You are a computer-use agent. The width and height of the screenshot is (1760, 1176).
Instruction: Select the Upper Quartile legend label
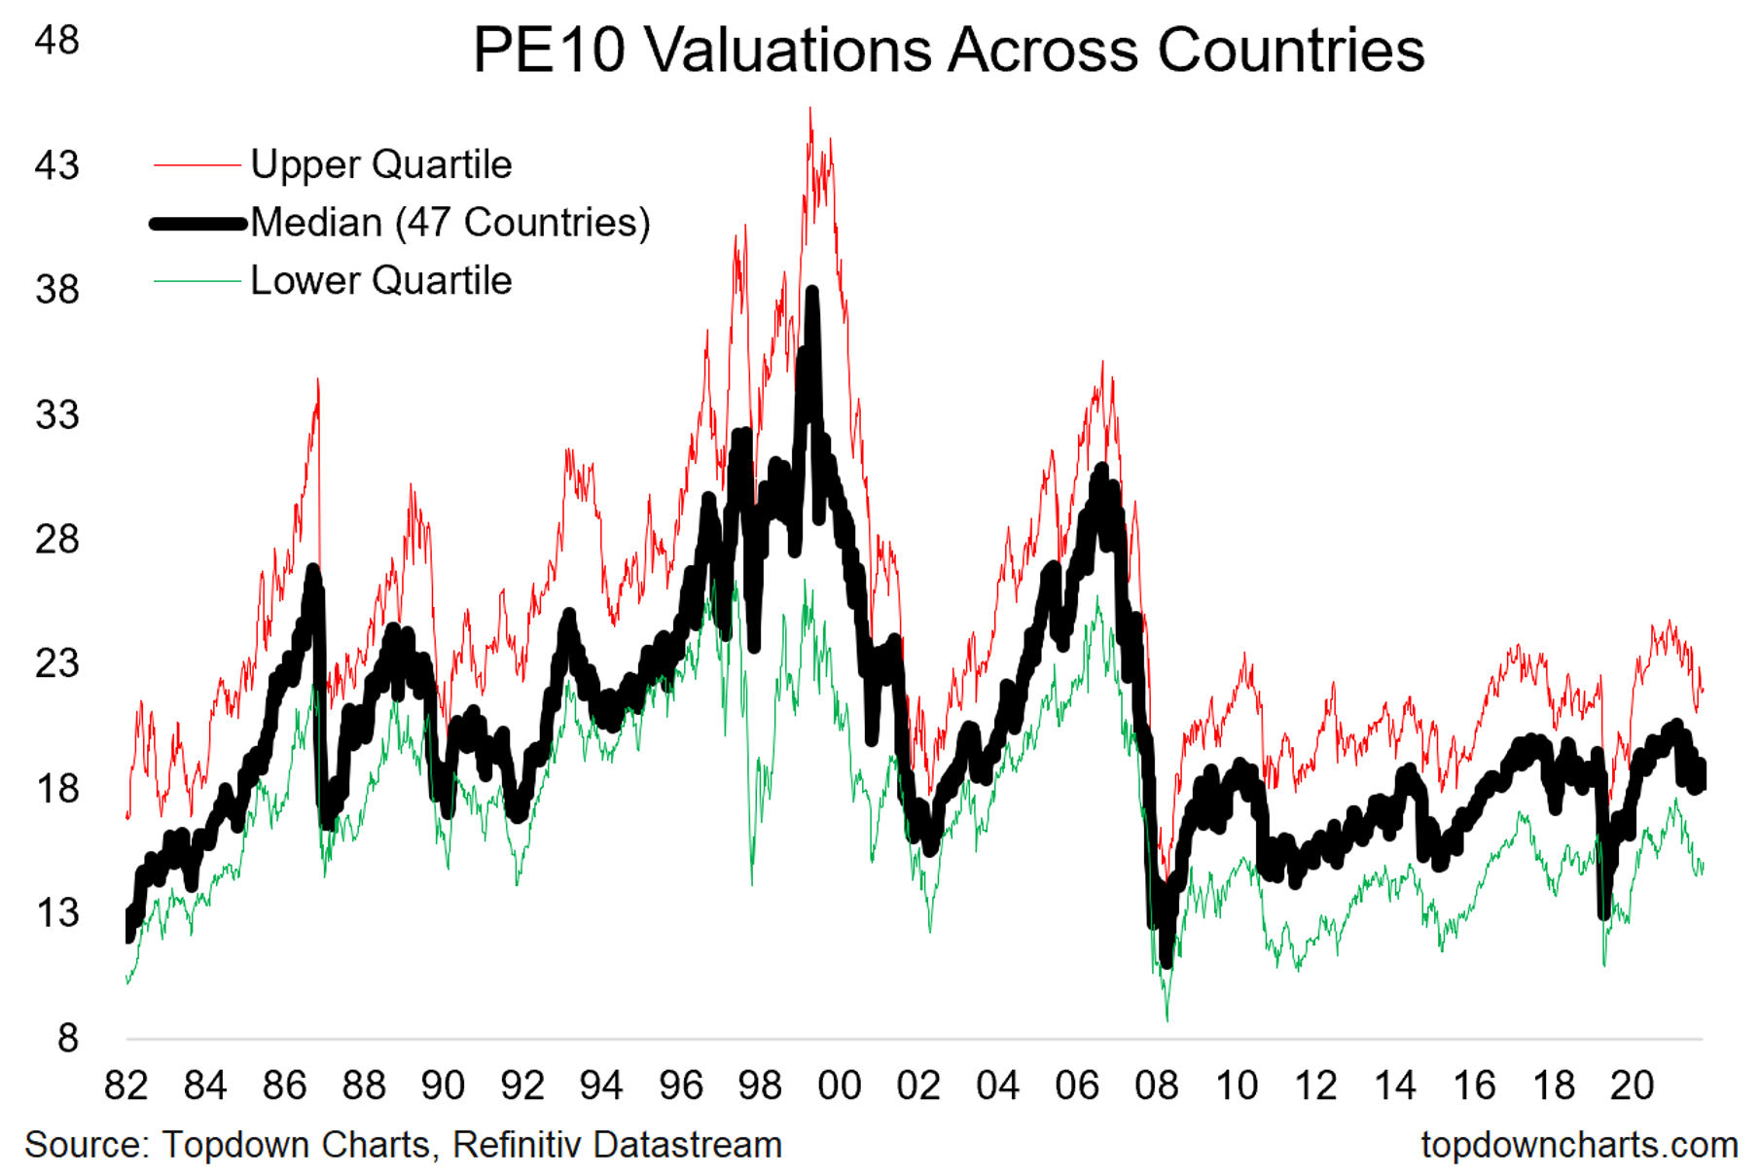[x=380, y=164]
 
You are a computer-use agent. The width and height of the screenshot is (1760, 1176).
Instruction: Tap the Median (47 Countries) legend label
[x=449, y=223]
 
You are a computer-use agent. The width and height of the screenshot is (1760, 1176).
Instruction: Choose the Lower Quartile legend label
[x=380, y=281]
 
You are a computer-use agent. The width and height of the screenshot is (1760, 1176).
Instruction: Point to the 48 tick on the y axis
[x=56, y=40]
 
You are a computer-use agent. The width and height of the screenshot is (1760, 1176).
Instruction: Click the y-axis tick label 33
[x=56, y=415]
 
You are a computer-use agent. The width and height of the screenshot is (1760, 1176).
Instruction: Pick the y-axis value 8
[x=67, y=1039]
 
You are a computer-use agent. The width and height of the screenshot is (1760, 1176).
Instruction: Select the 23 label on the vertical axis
[x=56, y=664]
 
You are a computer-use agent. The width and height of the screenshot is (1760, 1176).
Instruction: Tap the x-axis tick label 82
[x=126, y=1086]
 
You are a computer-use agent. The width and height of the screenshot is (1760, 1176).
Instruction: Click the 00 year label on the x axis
[x=839, y=1086]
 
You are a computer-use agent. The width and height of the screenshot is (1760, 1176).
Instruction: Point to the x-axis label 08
[x=1156, y=1086]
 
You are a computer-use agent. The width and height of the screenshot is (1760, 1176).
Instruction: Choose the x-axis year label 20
[x=1632, y=1086]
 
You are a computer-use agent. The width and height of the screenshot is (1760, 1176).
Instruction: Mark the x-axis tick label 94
[x=601, y=1086]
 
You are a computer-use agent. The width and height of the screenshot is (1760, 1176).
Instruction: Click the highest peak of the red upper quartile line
[x=810, y=108]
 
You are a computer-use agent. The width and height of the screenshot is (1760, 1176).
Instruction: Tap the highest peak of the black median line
[x=812, y=290]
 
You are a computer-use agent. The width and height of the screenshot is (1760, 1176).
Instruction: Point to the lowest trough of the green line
[x=1167, y=1020]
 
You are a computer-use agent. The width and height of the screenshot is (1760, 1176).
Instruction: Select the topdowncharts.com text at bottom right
[x=1578, y=1145]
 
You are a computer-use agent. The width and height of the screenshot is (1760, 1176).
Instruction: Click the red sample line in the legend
[x=197, y=165]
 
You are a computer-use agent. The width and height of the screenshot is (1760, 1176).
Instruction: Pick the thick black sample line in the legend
[x=198, y=224]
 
